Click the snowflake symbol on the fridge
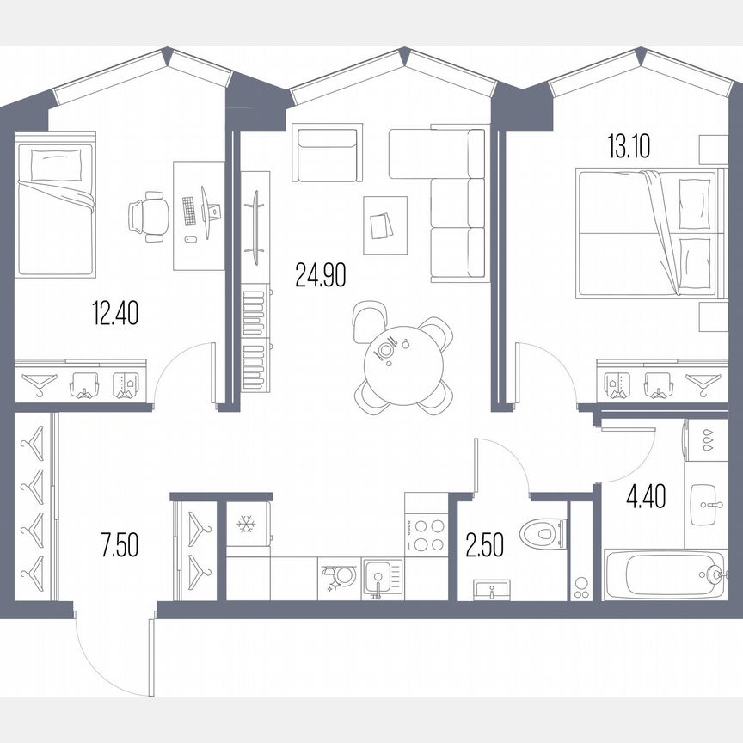pyautogui.click(x=248, y=524)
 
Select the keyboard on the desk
pyautogui.click(x=189, y=212)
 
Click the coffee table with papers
pyautogui.click(x=384, y=224)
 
